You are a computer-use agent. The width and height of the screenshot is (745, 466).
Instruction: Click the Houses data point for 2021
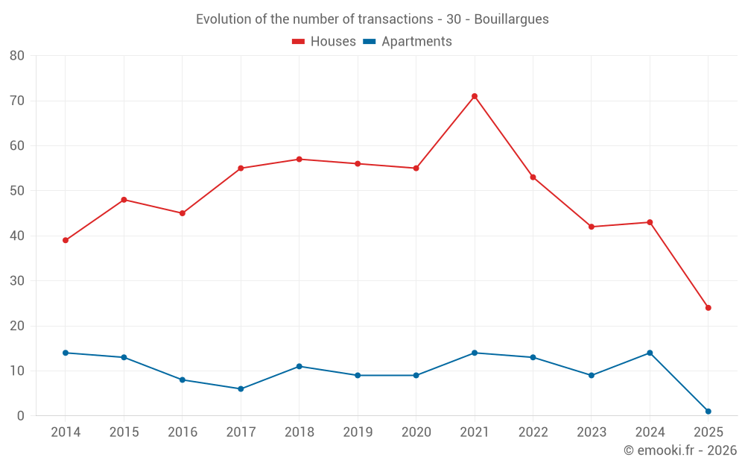click(475, 96)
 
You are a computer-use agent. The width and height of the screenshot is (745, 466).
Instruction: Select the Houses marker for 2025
click(708, 308)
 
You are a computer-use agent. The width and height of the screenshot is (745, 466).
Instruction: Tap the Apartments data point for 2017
click(241, 388)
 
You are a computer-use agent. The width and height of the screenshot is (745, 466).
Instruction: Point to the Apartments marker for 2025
click(708, 412)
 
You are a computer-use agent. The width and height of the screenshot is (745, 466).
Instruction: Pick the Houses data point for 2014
click(66, 240)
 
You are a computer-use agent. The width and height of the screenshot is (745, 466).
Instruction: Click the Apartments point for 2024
click(650, 353)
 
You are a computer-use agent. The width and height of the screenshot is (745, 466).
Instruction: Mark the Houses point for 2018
click(299, 159)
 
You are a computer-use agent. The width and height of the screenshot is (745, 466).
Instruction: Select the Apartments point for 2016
click(183, 380)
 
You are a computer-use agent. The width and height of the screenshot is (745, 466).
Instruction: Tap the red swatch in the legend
click(299, 42)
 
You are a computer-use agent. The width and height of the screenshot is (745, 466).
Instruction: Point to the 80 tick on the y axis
click(17, 56)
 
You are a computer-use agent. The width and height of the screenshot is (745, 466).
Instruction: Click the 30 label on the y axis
click(17, 281)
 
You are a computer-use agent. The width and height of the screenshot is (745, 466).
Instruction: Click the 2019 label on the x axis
click(358, 432)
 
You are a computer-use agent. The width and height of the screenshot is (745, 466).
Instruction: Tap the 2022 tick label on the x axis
click(533, 432)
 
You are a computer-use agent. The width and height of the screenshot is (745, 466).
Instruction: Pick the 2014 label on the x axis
click(66, 432)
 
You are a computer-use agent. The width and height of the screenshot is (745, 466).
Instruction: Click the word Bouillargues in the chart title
click(511, 19)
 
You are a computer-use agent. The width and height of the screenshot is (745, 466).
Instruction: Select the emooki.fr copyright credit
click(679, 450)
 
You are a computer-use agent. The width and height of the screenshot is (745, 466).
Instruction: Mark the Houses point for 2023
click(592, 227)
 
